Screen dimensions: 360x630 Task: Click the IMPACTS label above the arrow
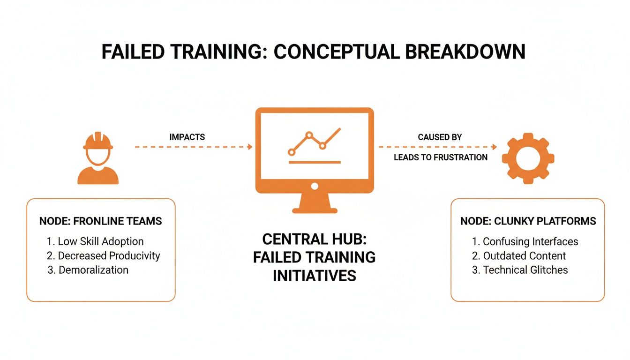[x=187, y=137]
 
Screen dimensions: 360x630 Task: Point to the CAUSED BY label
[x=440, y=137]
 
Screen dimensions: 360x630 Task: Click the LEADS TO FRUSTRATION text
[x=440, y=157]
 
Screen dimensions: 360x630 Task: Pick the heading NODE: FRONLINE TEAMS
[x=100, y=221]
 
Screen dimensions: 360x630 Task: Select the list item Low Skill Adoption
[x=96, y=242]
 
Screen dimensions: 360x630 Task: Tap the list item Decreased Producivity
[x=104, y=256]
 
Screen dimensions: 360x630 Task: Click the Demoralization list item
[x=88, y=270]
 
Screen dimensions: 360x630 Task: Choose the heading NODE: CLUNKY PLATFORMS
[x=528, y=221]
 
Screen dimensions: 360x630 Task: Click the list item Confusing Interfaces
[x=525, y=242]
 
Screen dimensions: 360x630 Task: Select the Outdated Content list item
[x=519, y=256]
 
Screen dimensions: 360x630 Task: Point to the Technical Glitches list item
[x=520, y=270]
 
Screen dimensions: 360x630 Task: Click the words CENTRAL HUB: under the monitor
[x=315, y=239]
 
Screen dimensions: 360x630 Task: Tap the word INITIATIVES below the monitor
[x=315, y=276]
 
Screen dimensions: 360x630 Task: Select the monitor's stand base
[x=315, y=210]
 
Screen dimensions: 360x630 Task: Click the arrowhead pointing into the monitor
[x=250, y=147]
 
